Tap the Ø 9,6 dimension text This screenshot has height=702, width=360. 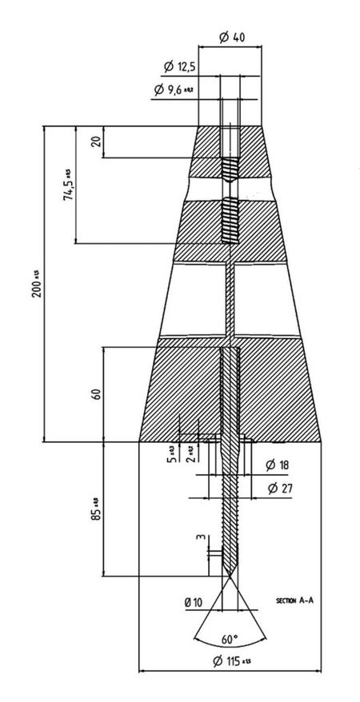tap(173, 90)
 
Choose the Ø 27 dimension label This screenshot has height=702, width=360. tap(278, 488)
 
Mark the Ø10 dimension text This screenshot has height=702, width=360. tap(193, 600)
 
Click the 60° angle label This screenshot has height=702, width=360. tap(230, 640)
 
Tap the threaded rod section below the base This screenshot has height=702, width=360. tap(230, 512)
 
